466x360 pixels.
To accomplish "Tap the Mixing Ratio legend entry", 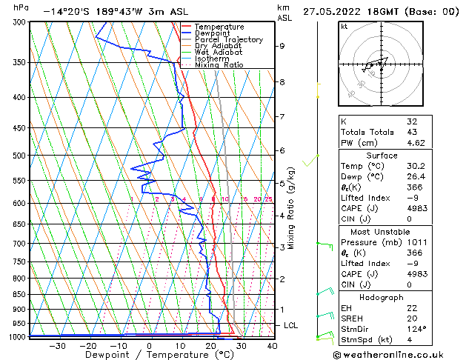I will click(x=219, y=64).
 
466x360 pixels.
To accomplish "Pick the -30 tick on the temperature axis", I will click(x=56, y=345).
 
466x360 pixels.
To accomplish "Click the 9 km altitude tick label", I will click(x=282, y=46).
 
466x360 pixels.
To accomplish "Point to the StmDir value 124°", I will click(x=417, y=329).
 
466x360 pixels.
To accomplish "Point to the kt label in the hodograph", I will click(x=344, y=27).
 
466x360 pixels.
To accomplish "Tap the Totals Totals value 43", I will click(x=412, y=132).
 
